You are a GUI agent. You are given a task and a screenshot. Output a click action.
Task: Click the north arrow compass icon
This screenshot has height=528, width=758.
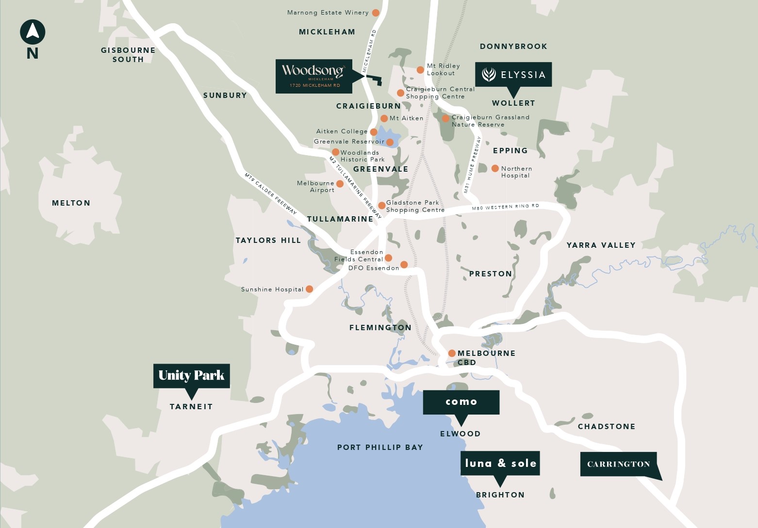(x=33, y=32)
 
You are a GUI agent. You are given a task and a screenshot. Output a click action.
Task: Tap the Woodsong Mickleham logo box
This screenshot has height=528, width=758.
(x=313, y=76)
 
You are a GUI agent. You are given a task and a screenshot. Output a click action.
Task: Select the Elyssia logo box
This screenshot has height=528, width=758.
(x=513, y=74)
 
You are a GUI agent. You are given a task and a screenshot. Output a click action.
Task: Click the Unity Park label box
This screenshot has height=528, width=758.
(x=191, y=376)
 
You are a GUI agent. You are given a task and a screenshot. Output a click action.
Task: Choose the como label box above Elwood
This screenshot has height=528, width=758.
(x=461, y=402)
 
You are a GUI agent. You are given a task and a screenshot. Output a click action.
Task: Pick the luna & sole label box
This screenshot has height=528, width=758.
(x=500, y=463)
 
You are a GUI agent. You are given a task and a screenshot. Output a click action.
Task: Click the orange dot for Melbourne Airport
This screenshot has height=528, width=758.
(x=340, y=184)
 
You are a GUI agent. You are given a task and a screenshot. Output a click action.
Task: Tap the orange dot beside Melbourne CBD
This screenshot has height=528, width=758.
(x=452, y=353)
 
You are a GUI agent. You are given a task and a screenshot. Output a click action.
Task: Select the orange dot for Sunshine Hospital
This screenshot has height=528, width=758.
(x=309, y=289)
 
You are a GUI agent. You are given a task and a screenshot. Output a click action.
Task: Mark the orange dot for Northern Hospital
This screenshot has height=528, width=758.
(x=495, y=168)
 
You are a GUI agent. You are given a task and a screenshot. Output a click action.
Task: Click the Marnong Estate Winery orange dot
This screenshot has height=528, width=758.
(x=375, y=13)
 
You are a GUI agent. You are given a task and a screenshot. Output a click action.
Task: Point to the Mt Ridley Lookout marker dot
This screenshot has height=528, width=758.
(x=420, y=70)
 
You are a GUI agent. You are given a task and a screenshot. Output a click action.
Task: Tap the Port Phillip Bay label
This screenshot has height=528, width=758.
(x=380, y=448)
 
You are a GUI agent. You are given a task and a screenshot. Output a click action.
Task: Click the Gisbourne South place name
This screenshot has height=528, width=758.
(x=128, y=55)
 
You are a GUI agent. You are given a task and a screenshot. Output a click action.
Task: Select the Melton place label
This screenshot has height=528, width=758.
(x=71, y=203)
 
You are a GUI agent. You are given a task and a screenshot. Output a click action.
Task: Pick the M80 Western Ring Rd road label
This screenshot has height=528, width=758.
(x=505, y=207)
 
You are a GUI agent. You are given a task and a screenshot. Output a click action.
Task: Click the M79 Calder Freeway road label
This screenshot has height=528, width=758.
(x=270, y=194)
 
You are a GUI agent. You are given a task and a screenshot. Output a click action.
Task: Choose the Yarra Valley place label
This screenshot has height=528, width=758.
(x=601, y=245)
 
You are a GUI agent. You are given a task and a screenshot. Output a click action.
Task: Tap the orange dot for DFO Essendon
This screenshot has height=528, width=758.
(x=404, y=265)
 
